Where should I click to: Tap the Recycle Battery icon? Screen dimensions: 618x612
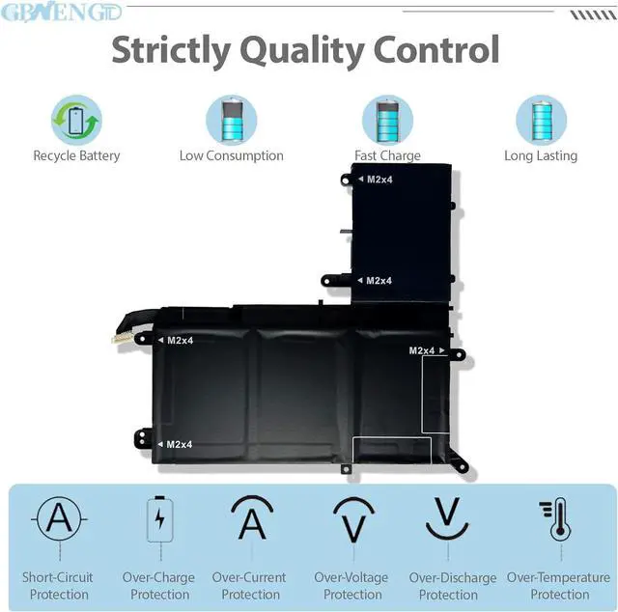click(76, 120)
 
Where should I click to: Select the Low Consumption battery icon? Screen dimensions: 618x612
click(231, 120)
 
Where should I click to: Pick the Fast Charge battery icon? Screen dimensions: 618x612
click(387, 120)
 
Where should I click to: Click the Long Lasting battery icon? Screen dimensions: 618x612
click(540, 120)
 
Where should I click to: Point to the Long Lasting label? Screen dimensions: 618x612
click(540, 155)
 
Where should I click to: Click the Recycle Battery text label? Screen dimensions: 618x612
click(76, 155)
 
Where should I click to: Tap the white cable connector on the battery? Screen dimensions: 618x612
click(123, 337)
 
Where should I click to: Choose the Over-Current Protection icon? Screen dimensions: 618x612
click(251, 519)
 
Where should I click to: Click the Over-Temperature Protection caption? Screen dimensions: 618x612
click(559, 586)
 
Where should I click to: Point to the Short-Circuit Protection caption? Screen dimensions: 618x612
click(59, 586)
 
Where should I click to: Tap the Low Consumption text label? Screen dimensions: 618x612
click(231, 155)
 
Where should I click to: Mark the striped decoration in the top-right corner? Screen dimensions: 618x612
click(592, 15)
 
